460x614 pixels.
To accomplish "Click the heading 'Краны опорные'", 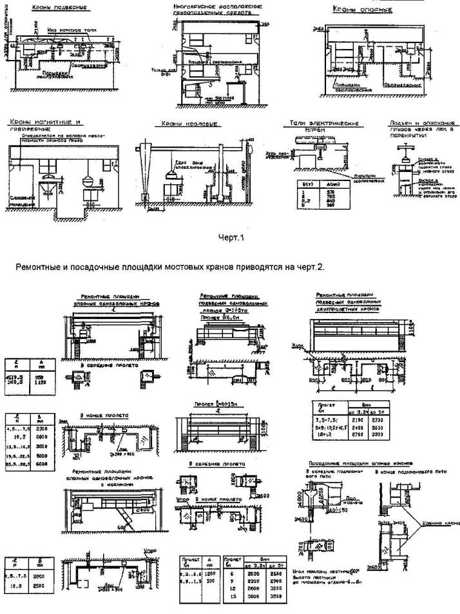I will pos(355,10).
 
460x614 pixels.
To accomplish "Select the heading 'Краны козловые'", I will pos(183,124).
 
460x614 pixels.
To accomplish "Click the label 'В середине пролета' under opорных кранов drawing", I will pos(104,365).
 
